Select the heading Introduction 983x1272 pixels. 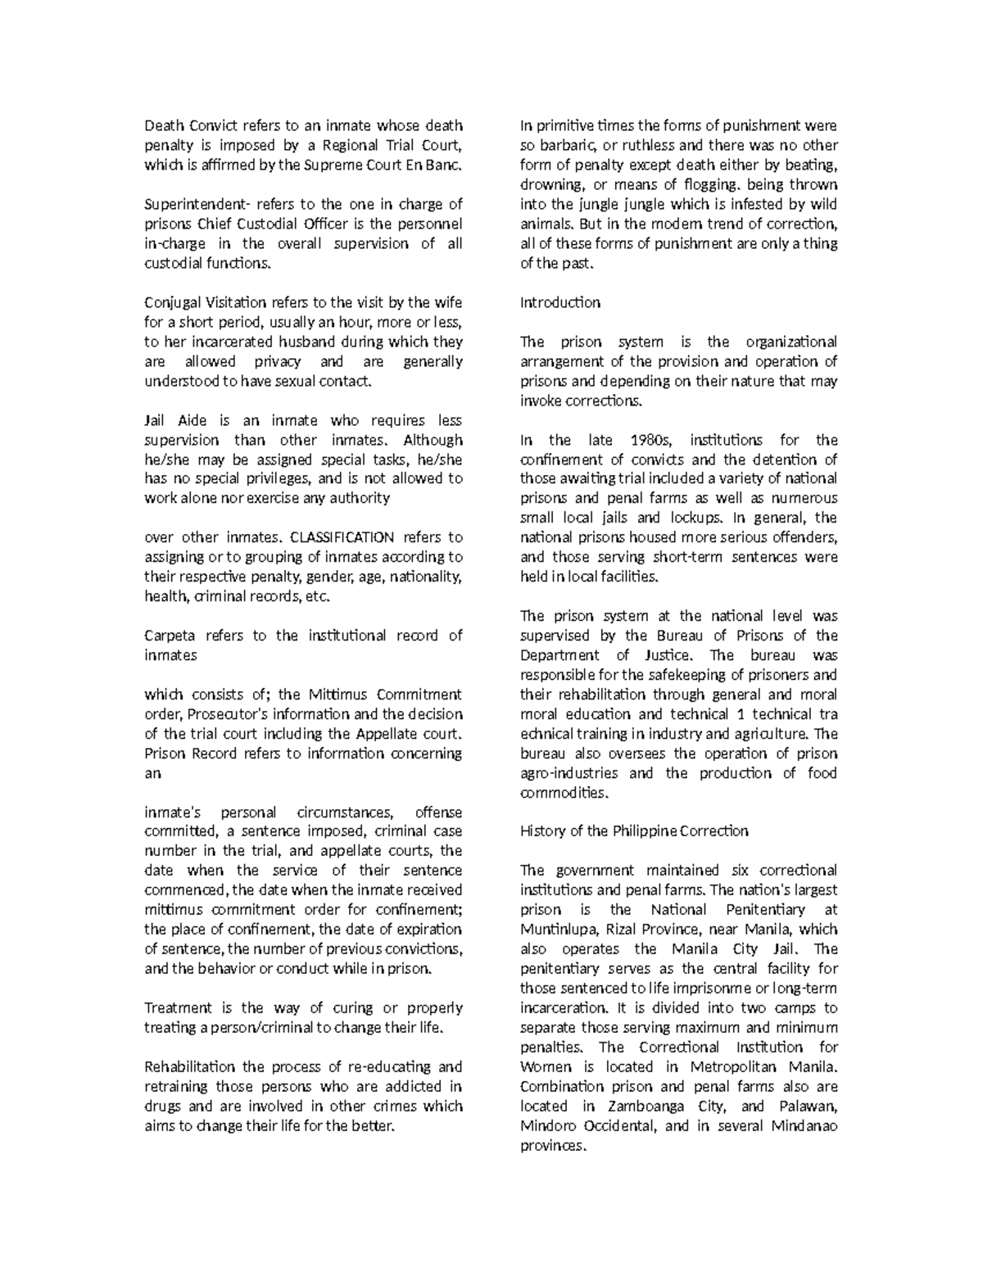tap(560, 303)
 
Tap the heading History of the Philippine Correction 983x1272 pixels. tap(634, 831)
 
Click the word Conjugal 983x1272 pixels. tap(166, 303)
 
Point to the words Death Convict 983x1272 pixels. tap(191, 127)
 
